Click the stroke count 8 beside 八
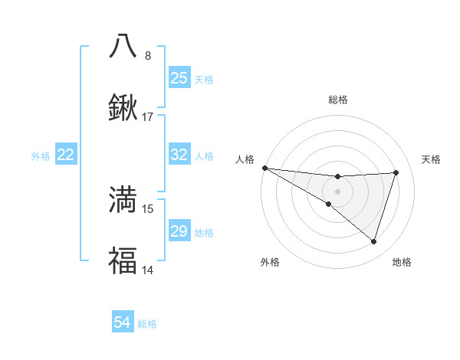[x=148, y=55]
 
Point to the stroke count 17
[x=148, y=117]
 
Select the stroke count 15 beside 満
[x=148, y=208]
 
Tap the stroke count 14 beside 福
[x=148, y=270]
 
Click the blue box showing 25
[x=179, y=78]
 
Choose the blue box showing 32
[x=179, y=155]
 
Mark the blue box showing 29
[x=179, y=231]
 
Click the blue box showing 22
[x=66, y=155]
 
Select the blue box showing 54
[x=123, y=323]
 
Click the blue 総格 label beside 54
[x=148, y=324]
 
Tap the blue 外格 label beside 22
[x=41, y=155]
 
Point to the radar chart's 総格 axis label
[x=337, y=100]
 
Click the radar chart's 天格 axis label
[x=432, y=159]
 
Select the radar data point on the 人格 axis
[x=264, y=168]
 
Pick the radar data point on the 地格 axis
[x=373, y=242]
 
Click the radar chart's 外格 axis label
[x=270, y=263]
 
